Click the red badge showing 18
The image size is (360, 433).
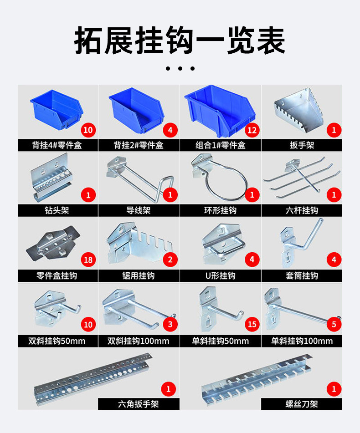tap(88, 260)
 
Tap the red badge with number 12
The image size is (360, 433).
tap(252, 130)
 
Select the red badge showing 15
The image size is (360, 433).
tap(252, 325)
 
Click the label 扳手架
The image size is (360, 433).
tap(302, 145)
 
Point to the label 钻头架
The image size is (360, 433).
tap(57, 210)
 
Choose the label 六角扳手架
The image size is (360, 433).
tap(138, 404)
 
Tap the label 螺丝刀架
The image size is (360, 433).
tap(301, 404)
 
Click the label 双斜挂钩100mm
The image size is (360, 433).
tap(138, 341)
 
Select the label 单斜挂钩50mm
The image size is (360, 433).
tap(220, 341)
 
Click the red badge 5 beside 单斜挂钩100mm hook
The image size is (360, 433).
tap(334, 325)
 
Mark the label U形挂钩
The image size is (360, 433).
tap(220, 275)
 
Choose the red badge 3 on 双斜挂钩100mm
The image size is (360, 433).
tap(170, 325)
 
